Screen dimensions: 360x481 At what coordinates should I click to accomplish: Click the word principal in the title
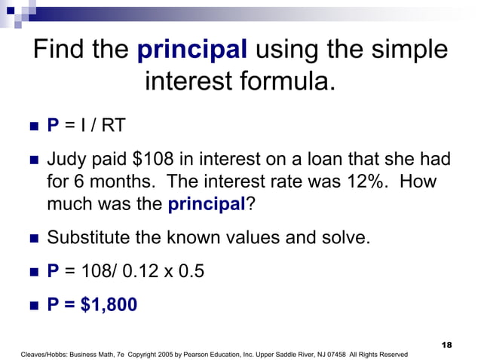192,50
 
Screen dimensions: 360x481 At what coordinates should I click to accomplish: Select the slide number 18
446,344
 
